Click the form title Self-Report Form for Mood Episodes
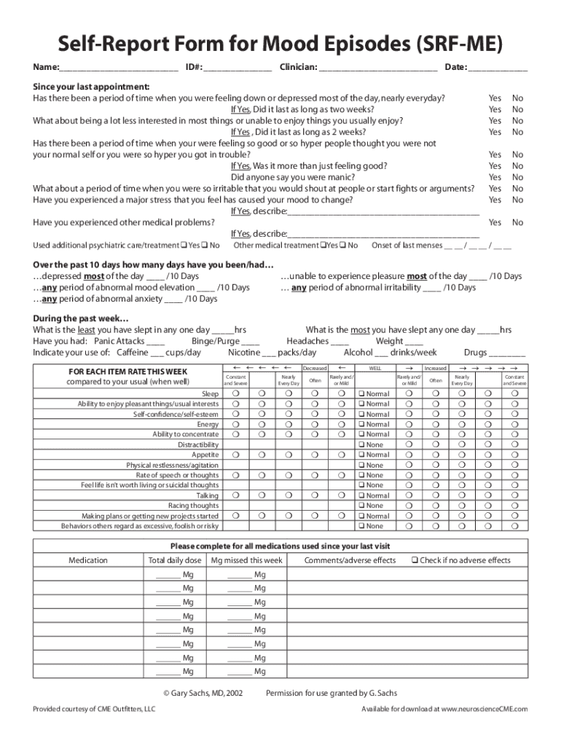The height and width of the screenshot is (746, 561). click(280, 45)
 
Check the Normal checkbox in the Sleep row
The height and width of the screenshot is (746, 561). click(361, 394)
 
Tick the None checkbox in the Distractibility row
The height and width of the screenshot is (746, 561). click(361, 444)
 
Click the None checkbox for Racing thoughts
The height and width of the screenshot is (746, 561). click(361, 506)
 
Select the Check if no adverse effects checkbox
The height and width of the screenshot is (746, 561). click(413, 560)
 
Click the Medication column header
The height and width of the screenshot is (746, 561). click(88, 560)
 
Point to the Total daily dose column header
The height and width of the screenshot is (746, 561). click(175, 560)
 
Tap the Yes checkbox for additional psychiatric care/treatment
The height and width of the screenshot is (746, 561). click(183, 246)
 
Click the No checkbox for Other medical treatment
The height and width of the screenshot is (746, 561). click(343, 246)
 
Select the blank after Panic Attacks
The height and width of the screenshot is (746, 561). click(155, 342)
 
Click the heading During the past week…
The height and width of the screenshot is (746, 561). click(81, 318)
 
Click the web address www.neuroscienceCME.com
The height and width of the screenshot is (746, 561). click(484, 709)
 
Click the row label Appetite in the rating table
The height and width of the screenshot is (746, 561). click(205, 455)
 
